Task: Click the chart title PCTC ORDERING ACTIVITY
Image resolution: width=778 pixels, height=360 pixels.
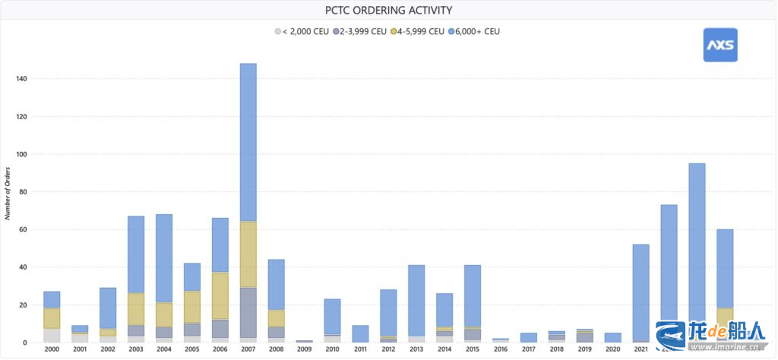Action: pos(388,10)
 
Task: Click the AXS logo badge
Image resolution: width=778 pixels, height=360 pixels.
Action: pos(719,45)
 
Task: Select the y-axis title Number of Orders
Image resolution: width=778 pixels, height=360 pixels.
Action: pos(7,192)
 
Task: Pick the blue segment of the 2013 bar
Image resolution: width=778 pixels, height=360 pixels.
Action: pos(416,300)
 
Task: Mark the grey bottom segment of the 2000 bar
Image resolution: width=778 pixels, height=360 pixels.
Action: pos(52,335)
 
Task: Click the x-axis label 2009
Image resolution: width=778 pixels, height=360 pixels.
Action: pos(304,349)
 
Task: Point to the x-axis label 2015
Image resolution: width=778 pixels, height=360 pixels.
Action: pos(473,349)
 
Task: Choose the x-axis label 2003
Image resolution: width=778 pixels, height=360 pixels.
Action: pos(136,349)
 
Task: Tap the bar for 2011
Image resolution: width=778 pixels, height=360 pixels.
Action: pos(360,333)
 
